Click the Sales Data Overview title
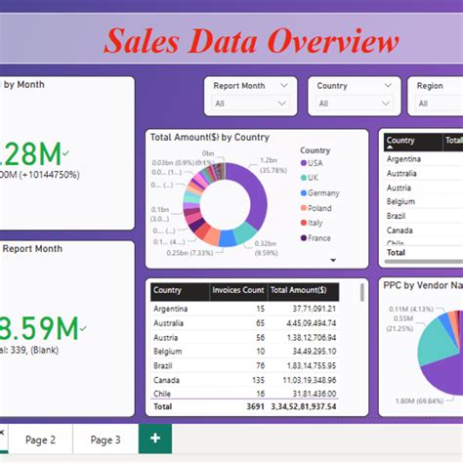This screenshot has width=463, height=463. point(251,41)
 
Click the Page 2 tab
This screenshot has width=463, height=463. point(40,440)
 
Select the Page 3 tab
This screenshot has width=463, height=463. point(105,440)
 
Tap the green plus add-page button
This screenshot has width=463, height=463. point(155,440)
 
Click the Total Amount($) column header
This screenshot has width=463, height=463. point(303,290)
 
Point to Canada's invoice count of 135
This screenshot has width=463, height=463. point(259,379)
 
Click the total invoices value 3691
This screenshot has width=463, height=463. point(254,405)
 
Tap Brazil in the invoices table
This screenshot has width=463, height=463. point(165,365)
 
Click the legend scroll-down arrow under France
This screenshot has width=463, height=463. point(333,260)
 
